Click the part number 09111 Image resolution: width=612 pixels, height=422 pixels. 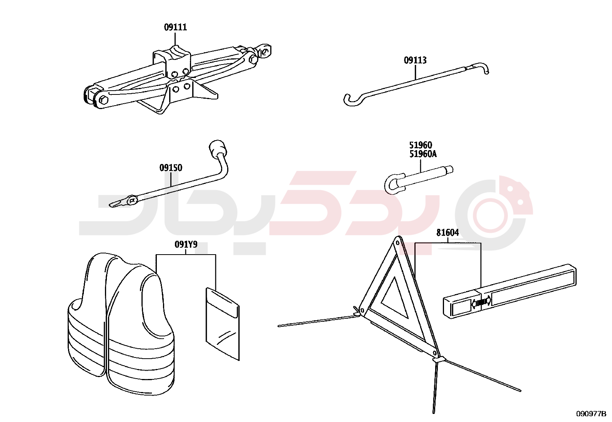[x=175, y=27]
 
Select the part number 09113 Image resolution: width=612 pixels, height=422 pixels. [x=415, y=60]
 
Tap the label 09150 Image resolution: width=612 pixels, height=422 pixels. [x=171, y=168]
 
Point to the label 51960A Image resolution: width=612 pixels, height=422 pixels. [x=423, y=154]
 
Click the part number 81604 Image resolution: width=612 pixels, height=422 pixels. [x=447, y=233]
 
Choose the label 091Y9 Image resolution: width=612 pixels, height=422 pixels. [x=186, y=245]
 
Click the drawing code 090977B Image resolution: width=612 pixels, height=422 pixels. [x=591, y=414]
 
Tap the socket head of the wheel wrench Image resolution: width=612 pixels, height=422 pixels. [x=218, y=148]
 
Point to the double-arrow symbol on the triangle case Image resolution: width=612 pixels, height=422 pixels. [x=481, y=303]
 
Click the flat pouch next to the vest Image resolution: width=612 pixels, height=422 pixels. [x=223, y=324]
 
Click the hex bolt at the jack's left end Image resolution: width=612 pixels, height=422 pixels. [x=104, y=99]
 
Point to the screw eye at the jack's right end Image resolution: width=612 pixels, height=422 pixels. [x=265, y=51]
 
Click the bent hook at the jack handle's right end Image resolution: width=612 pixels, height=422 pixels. [x=482, y=68]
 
